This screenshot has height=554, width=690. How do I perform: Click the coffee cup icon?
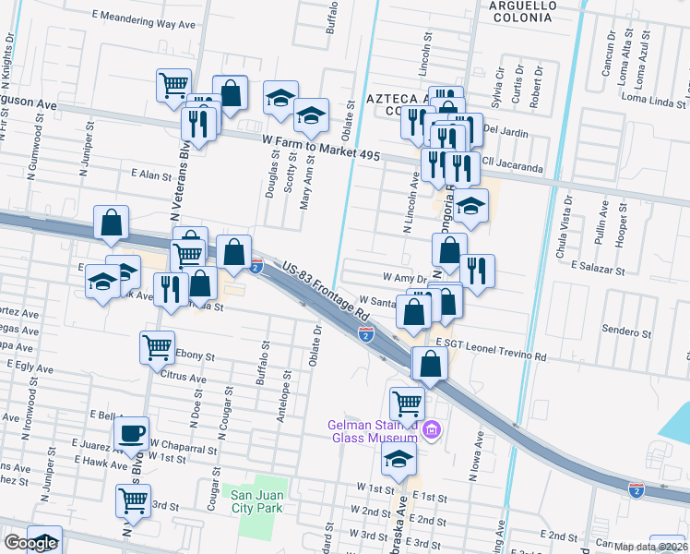(x=132, y=432)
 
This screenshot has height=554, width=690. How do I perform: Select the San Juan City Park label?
(x=255, y=500)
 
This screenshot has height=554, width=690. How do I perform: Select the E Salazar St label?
(x=598, y=265)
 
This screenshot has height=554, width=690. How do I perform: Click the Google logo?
(x=30, y=542)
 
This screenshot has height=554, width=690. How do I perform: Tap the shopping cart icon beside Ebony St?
(x=157, y=347)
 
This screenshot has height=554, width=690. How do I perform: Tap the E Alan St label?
(x=152, y=174)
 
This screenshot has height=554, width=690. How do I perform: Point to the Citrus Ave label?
(x=184, y=378)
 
